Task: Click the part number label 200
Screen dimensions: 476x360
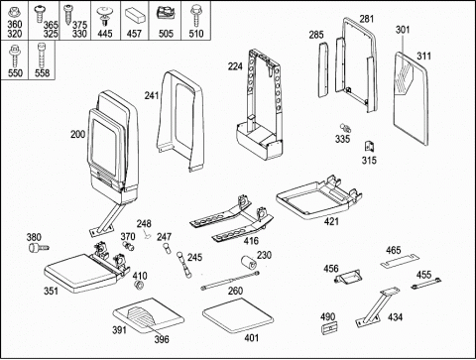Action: pos(77,134)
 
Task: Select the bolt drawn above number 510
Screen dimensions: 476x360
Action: pos(195,15)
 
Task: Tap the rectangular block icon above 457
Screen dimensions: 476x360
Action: pos(135,15)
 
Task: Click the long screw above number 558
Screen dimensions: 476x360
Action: pos(42,56)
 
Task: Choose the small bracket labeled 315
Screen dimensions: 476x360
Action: pos(369,147)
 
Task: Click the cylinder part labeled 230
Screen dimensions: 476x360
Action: pos(250,263)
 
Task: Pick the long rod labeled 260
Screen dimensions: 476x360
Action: pos(230,281)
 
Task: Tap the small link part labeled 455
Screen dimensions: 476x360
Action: pos(426,284)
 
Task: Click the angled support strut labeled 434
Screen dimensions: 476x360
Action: pos(377,307)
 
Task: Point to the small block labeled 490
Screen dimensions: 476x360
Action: pos(328,328)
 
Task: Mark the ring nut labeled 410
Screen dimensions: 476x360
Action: pos(139,285)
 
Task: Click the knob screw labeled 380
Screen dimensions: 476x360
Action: pos(39,248)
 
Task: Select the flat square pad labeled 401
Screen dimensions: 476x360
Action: pos(238,315)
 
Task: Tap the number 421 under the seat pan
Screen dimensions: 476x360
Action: pos(331,221)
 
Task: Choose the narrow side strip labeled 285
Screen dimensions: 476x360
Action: pos(324,70)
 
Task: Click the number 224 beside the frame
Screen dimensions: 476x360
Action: pos(235,66)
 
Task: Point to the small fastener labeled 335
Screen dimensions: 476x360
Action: pos(346,128)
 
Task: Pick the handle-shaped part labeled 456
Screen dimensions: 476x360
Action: pos(348,277)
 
